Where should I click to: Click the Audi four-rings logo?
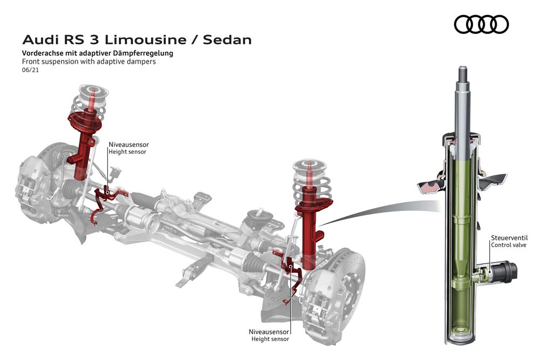pyautogui.click(x=481, y=24)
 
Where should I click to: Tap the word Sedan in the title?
pyautogui.click(x=227, y=40)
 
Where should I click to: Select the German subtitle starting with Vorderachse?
pyautogui.click(x=97, y=53)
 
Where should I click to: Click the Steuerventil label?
pyautogui.click(x=509, y=237)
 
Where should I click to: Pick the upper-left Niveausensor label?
pyautogui.click(x=129, y=145)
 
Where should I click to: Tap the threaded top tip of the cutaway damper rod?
pyautogui.click(x=463, y=73)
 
